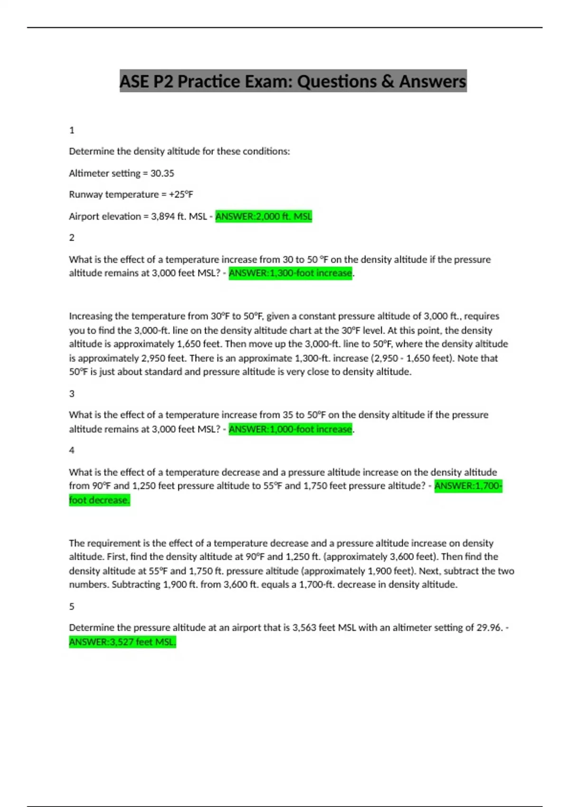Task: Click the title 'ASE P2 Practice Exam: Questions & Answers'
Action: (293, 81)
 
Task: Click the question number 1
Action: (72, 130)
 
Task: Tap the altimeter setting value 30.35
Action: (162, 173)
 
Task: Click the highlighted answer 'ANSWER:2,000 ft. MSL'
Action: (264, 216)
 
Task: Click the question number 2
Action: (72, 237)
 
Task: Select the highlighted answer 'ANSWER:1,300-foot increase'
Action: (290, 273)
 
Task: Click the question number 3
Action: (72, 394)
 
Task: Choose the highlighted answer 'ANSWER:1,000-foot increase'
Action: (290, 429)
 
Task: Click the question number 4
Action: (72, 450)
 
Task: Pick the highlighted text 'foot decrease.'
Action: (99, 500)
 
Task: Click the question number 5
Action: (72, 606)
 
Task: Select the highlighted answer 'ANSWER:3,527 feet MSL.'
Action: (123, 642)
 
